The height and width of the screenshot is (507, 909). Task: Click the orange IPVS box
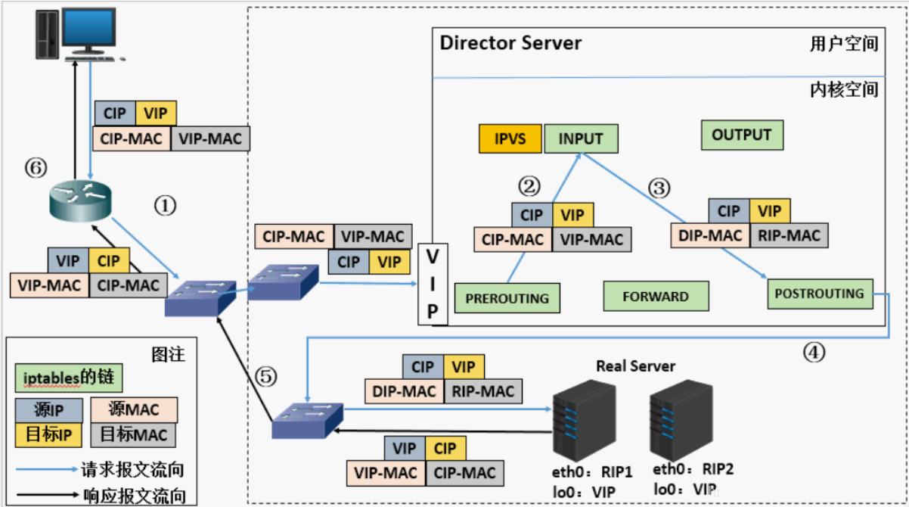[x=510, y=139]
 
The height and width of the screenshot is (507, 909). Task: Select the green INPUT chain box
[x=581, y=139]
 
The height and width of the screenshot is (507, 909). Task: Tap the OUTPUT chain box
[x=741, y=135]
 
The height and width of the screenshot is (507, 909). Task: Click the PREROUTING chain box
[x=507, y=297]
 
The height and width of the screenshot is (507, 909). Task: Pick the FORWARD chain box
[x=656, y=297]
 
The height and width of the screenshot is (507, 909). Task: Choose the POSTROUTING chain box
[x=819, y=294]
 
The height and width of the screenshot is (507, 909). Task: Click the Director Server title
[x=510, y=42]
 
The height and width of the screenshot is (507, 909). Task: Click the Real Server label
[x=635, y=366]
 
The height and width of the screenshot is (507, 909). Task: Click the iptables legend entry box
[x=67, y=376]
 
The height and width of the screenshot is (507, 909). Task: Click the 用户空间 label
[x=842, y=44]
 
